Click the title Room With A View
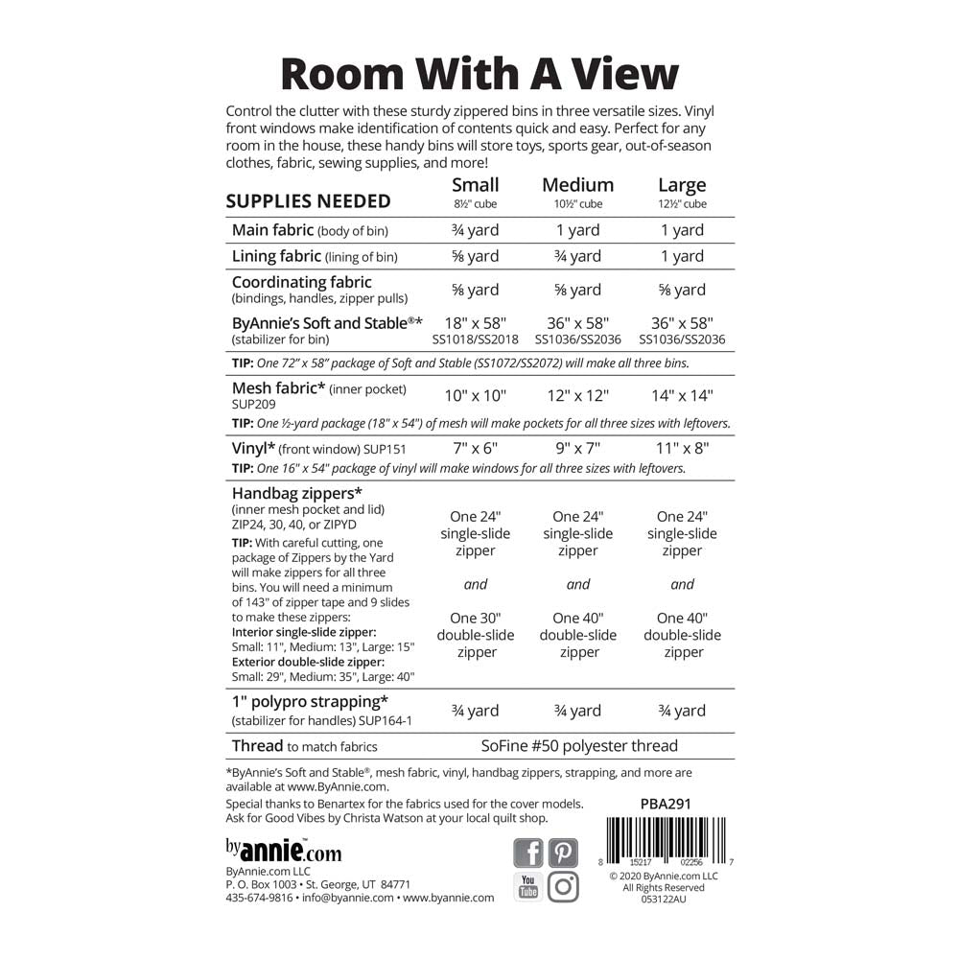tap(479, 73)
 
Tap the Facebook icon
tap(528, 853)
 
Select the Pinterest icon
tap(564, 853)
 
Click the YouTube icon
tap(528, 887)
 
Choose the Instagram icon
tap(564, 887)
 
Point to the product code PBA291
tap(664, 805)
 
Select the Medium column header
tap(577, 185)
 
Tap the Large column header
tap(682, 185)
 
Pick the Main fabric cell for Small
tap(476, 230)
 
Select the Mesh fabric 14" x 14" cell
tap(682, 395)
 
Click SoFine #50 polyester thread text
tap(579, 745)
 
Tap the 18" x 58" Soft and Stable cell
tap(476, 323)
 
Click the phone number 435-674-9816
tap(259, 898)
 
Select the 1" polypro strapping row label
tap(310, 702)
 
